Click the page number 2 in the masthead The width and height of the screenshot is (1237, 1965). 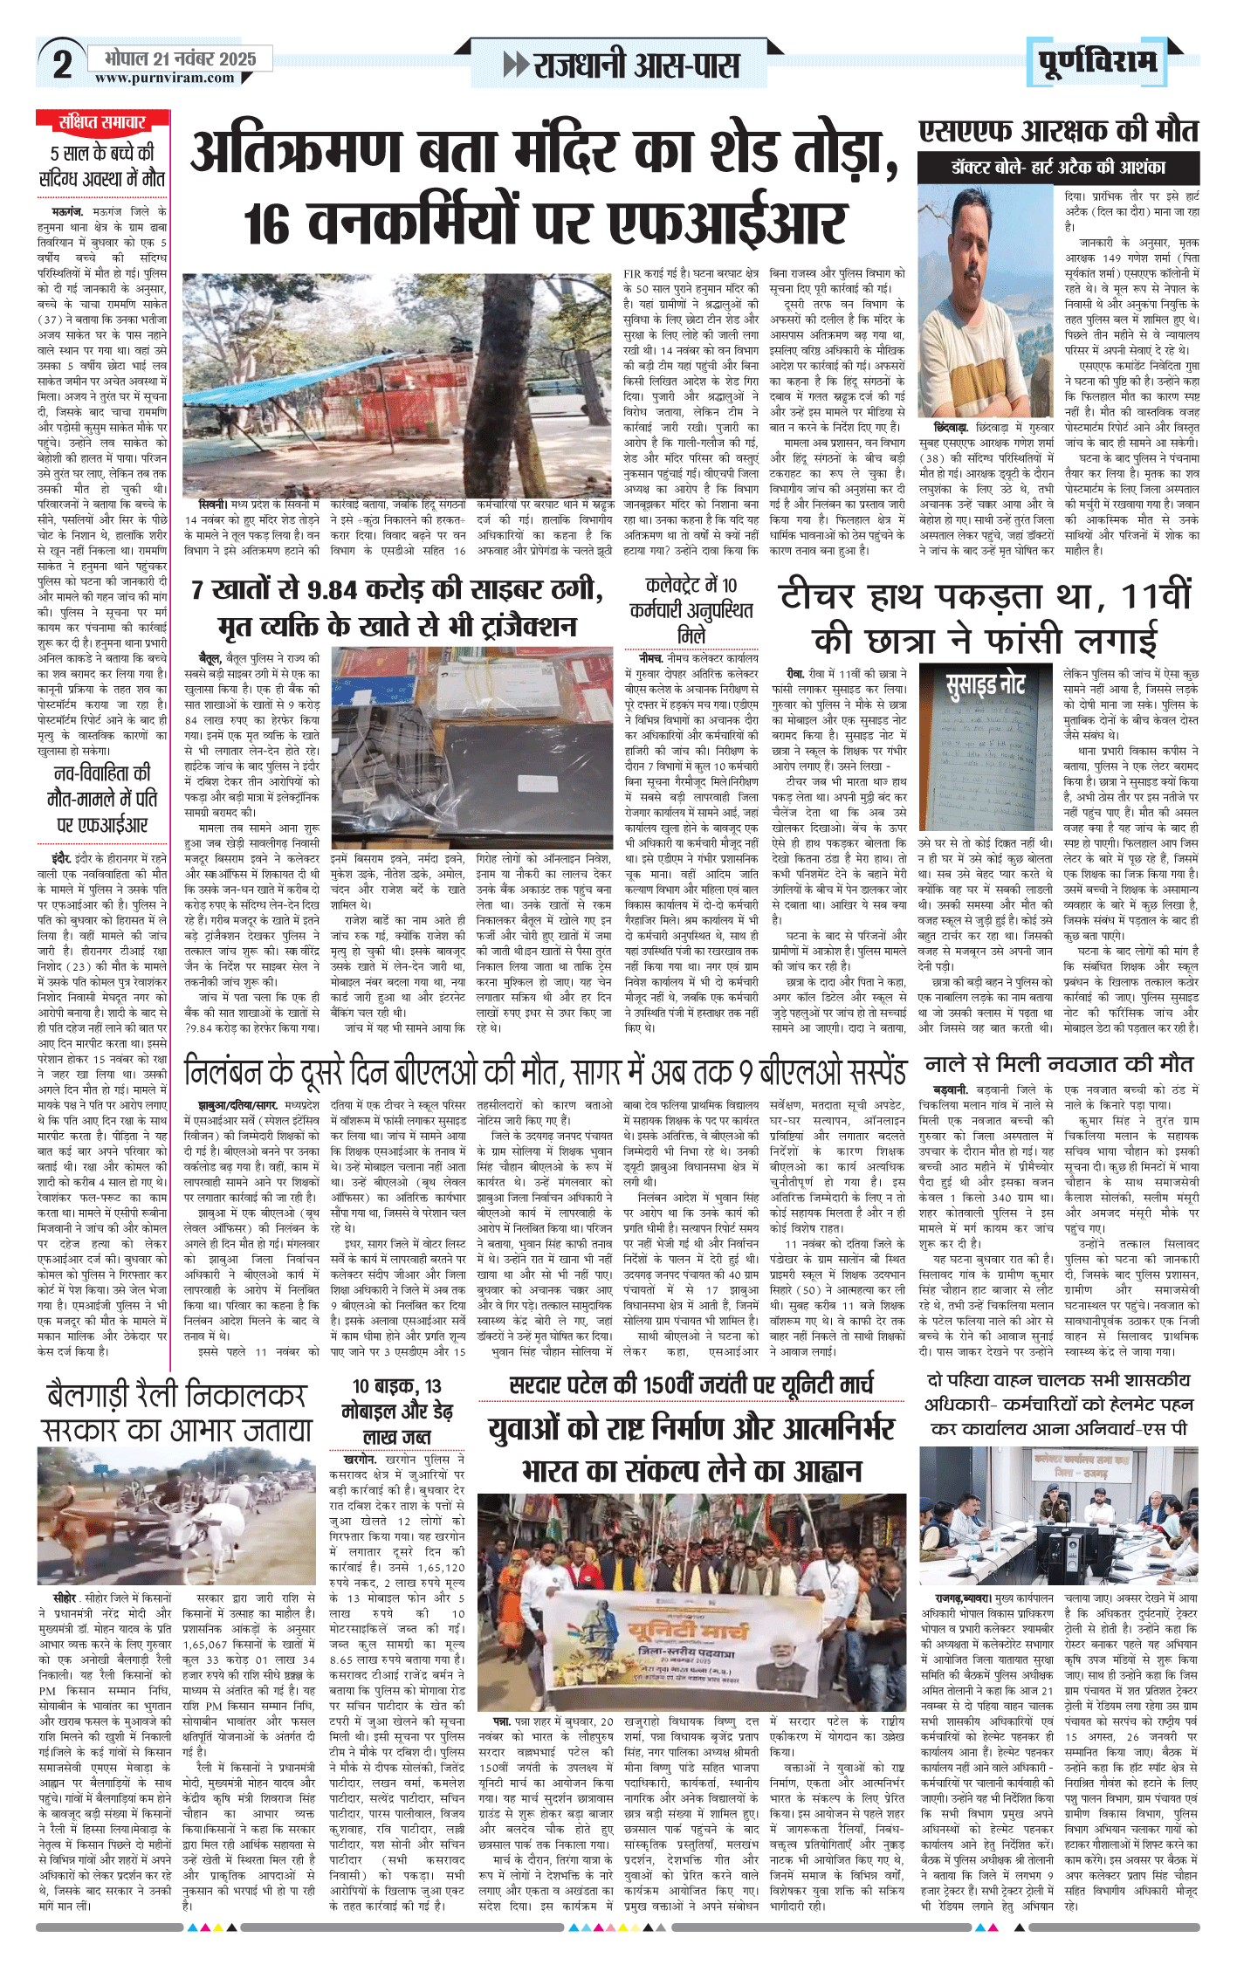(x=62, y=64)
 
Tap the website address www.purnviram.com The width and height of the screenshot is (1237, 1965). (x=165, y=78)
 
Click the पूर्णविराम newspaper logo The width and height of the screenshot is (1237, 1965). (x=1097, y=62)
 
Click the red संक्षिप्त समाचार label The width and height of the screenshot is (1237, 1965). (x=102, y=121)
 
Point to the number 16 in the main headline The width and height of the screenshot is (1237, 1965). (x=267, y=223)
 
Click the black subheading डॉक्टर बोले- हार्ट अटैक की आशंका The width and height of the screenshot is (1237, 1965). (x=1058, y=168)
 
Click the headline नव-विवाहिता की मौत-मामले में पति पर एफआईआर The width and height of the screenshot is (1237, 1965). (x=102, y=798)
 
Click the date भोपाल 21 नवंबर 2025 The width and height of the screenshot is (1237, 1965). (x=180, y=58)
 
